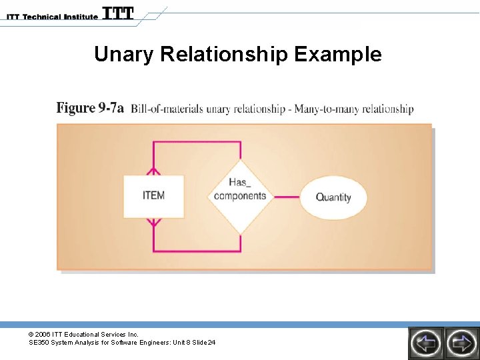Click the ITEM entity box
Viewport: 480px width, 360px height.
pos(153,196)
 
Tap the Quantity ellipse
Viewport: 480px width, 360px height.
pos(333,197)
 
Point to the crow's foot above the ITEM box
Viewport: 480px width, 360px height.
pos(153,169)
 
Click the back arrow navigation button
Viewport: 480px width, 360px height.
pos(425,343)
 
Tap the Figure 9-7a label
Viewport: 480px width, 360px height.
pos(90,108)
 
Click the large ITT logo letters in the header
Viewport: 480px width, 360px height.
pos(118,13)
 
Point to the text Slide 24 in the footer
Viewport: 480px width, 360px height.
pos(203,343)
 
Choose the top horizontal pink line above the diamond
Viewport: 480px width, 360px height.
pos(197,142)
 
